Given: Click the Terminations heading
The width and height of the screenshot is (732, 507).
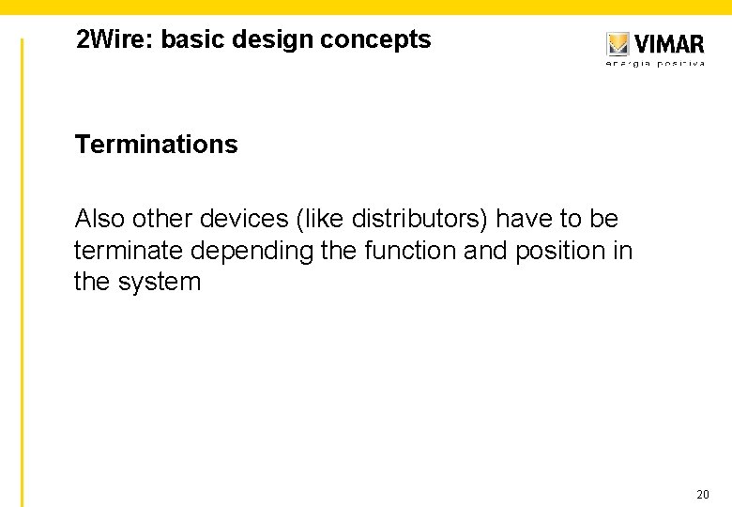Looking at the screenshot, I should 156,145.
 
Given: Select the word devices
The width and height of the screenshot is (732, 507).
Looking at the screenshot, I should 242,219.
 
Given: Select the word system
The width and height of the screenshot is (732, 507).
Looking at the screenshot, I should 159,282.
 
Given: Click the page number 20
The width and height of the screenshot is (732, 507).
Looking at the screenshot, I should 703,494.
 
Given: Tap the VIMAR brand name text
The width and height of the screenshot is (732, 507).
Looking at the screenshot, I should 668,43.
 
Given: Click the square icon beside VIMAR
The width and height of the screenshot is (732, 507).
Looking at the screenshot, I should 618,44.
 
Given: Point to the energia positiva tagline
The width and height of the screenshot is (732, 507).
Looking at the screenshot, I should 655,64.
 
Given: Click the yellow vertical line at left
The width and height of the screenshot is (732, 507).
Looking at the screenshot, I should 23,272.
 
